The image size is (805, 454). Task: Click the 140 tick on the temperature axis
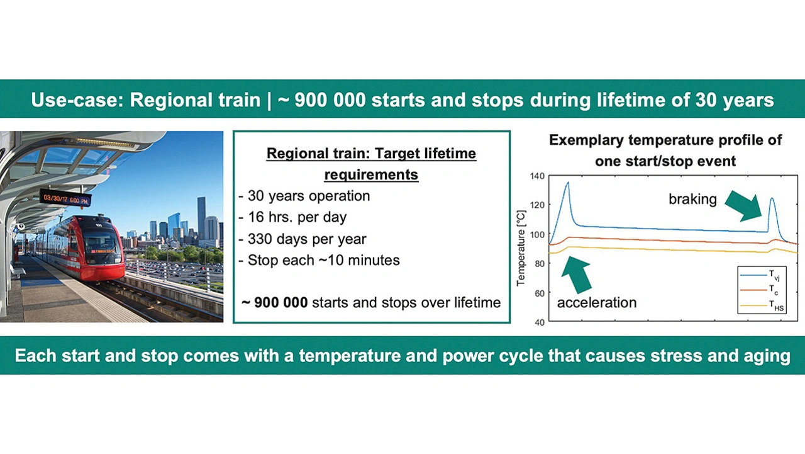(537, 176)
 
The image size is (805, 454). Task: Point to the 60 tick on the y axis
(540, 293)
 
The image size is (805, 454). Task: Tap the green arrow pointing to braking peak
(744, 205)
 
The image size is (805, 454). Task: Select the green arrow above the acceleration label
(576, 274)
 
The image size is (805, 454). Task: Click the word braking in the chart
(692, 199)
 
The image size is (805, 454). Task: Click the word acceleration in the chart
(597, 302)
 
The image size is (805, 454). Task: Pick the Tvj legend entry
(760, 275)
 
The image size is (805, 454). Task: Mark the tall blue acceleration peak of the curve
(568, 183)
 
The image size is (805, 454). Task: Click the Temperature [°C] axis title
(521, 248)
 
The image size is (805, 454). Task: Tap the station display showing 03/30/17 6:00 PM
(65, 198)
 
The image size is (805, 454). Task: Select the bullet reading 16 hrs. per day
(292, 217)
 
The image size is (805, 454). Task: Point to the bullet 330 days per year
(303, 239)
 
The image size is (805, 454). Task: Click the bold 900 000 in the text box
(280, 302)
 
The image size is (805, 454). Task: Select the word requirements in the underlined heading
(371, 174)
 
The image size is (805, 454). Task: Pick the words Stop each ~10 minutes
(323, 260)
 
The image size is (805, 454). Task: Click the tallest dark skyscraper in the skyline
(202, 217)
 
